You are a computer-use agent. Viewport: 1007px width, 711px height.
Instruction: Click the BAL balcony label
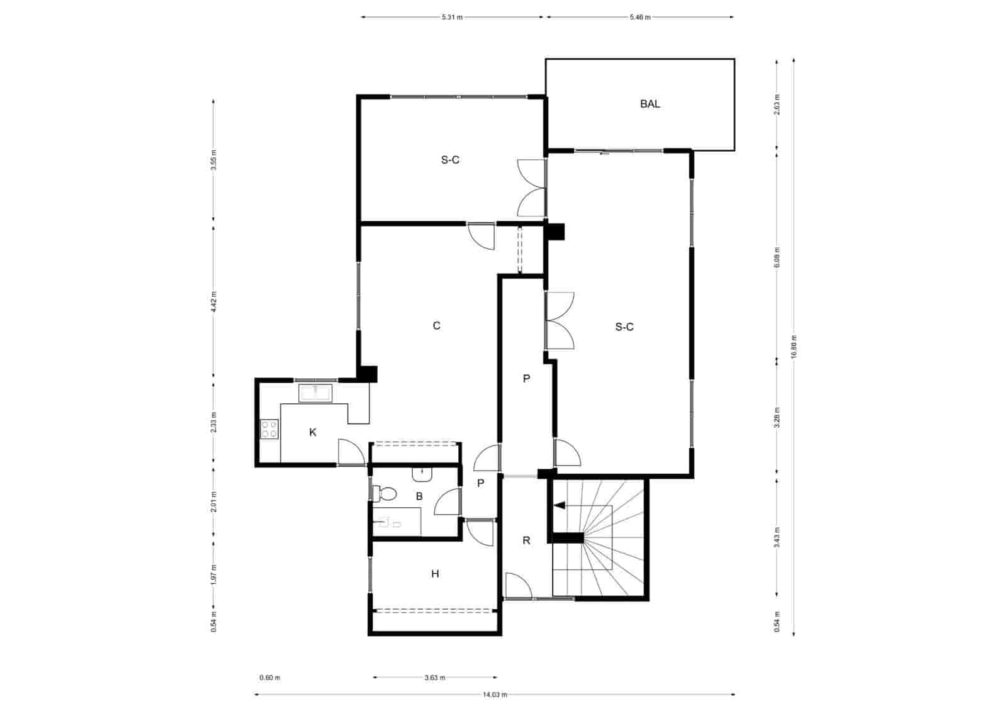[x=650, y=104]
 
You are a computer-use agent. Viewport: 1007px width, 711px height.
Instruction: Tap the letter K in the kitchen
[x=313, y=432]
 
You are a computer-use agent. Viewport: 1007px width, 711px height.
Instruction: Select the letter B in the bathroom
[x=419, y=496]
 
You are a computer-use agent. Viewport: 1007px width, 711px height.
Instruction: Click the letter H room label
[x=435, y=574]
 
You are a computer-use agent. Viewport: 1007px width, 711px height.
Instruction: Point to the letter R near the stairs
[x=526, y=540]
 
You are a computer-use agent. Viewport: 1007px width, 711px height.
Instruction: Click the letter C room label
[x=436, y=325]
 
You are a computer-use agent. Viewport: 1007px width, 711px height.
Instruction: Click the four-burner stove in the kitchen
[x=269, y=430]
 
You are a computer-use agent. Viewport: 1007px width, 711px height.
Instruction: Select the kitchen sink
[x=316, y=394]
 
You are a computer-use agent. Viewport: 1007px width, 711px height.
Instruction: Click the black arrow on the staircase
[x=560, y=505]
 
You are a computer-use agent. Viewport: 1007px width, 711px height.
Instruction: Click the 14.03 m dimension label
[x=495, y=695]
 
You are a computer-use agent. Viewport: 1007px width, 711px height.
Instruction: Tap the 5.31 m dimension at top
[x=452, y=18]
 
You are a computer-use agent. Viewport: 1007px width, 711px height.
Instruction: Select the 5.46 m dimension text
[x=639, y=18]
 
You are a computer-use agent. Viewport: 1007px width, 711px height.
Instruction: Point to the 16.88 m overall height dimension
[x=794, y=346]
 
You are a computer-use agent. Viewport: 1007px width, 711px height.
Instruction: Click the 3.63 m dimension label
[x=434, y=678]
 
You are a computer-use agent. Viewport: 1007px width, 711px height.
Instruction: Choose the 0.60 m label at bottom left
[x=269, y=678]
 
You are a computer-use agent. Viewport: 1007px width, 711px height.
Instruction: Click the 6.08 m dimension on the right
[x=777, y=257]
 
